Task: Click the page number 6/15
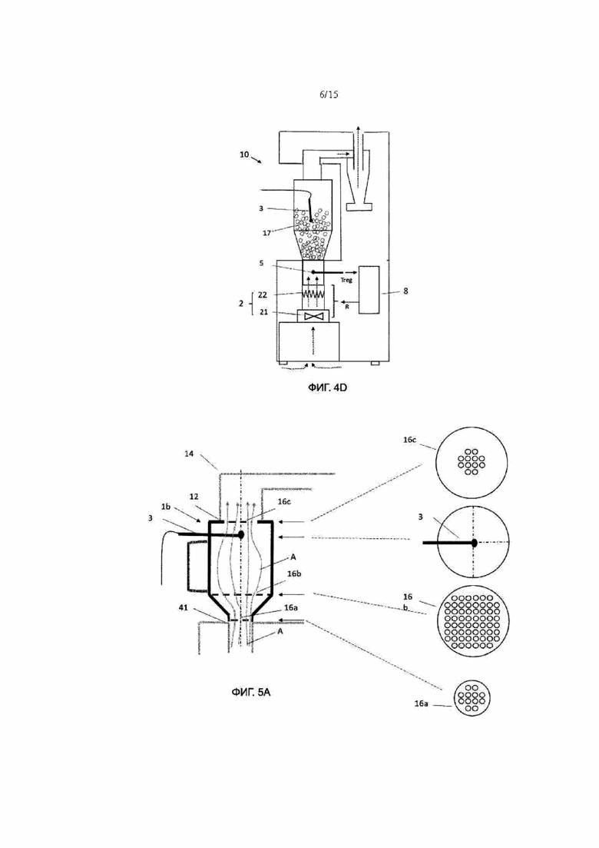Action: coord(329,95)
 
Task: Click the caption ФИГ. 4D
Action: coord(327,387)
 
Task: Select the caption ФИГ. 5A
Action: coord(250,692)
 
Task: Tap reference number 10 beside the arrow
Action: coord(244,155)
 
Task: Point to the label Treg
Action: coord(346,280)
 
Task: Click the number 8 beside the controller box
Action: coord(405,291)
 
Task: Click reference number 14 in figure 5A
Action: coord(189,454)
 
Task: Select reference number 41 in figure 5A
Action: coord(184,608)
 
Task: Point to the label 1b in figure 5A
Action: coord(167,507)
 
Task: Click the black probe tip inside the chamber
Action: coord(241,534)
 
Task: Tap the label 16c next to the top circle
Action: coord(409,440)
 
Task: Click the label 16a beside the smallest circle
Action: coord(422,703)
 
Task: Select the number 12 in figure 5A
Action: coord(194,497)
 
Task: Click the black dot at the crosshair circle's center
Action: coord(474,543)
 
